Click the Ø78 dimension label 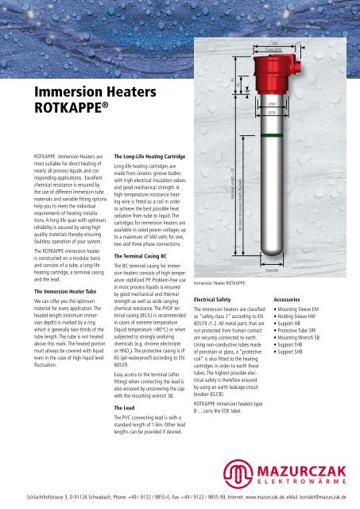293,113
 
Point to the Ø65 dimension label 293,103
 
